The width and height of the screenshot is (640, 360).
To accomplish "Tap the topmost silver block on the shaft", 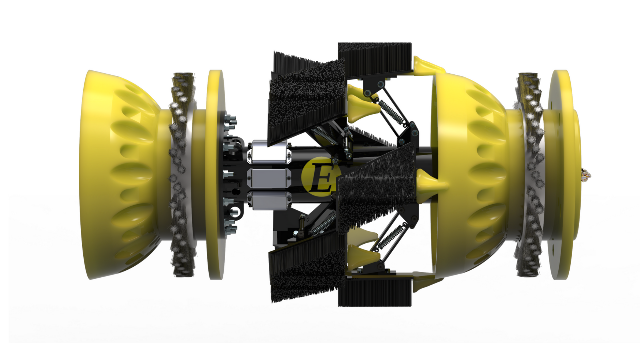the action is [x=270, y=152].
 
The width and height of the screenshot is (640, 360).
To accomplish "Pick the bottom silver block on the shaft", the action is [x=270, y=201].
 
